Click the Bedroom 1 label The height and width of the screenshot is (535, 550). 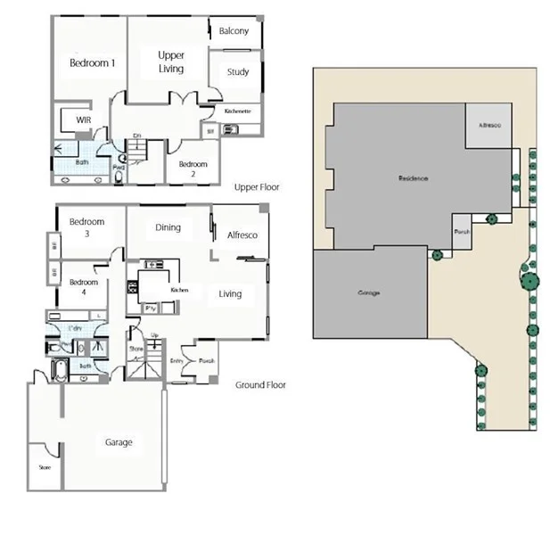93,63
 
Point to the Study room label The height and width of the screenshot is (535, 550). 237,72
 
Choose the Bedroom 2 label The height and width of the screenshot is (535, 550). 193,169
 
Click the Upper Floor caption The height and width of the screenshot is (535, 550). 258,188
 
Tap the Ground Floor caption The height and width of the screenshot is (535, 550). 260,385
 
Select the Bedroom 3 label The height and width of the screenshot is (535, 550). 86,227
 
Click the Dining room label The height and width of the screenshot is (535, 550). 168,227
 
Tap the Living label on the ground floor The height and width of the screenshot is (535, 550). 230,294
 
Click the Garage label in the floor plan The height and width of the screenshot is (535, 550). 119,442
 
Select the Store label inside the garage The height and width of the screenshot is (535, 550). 44,466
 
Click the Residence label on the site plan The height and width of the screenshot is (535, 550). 413,179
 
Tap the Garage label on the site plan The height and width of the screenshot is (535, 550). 369,292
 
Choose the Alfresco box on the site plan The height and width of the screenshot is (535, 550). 489,127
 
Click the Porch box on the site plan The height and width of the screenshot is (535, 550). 462,231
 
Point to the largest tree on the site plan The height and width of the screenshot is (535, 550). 529,282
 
